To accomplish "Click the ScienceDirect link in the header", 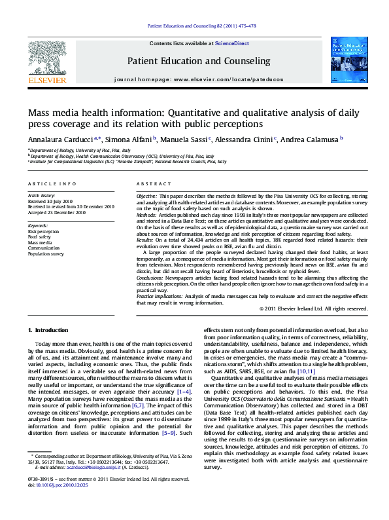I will click(x=231, y=43).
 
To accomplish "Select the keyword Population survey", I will click(x=46, y=253).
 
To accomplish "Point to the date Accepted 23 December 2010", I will click(x=57, y=212).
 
